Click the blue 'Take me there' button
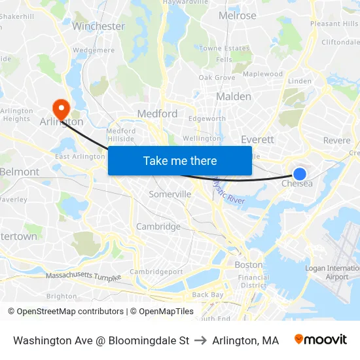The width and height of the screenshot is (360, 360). (180, 160)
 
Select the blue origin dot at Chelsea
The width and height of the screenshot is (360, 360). (299, 173)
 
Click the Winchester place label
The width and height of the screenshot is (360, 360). (98, 26)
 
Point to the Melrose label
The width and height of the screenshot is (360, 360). (237, 16)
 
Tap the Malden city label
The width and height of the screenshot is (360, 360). (233, 96)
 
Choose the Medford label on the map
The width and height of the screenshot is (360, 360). (157, 113)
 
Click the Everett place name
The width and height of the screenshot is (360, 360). (257, 139)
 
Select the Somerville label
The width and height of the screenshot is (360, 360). (170, 194)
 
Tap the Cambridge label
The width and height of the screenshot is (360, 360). (158, 226)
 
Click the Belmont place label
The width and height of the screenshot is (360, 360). (20, 171)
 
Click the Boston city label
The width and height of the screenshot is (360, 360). (248, 265)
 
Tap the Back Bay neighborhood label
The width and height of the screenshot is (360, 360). (208, 295)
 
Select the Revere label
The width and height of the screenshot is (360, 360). (336, 141)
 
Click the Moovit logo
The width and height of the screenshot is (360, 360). (320, 340)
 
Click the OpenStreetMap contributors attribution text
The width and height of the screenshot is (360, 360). (65, 312)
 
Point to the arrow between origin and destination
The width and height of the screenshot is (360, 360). (200, 340)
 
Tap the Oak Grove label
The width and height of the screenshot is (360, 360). (217, 77)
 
